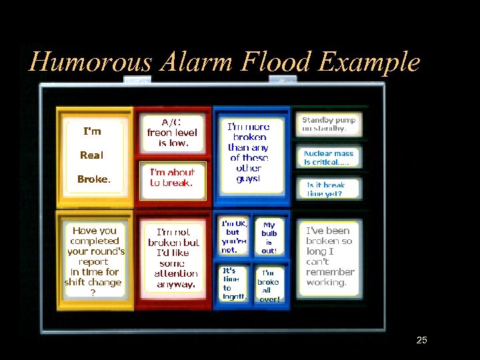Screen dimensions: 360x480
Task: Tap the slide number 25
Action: (421, 341)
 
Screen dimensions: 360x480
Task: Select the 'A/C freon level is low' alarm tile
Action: (173, 133)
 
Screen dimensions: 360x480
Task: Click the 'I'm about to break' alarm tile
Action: (172, 178)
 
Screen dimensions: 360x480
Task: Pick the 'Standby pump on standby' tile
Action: (329, 124)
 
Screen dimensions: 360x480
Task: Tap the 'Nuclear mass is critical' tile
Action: (329, 157)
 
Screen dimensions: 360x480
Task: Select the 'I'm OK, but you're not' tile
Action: (234, 237)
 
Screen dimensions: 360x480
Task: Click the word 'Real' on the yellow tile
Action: (92, 155)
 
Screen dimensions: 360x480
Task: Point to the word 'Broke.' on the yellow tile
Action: (94, 179)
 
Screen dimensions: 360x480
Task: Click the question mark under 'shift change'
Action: (93, 292)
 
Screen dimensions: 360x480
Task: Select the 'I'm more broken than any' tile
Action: (249, 153)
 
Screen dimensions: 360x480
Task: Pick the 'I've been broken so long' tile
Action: (329, 257)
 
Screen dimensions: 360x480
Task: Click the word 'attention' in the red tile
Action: (176, 273)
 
